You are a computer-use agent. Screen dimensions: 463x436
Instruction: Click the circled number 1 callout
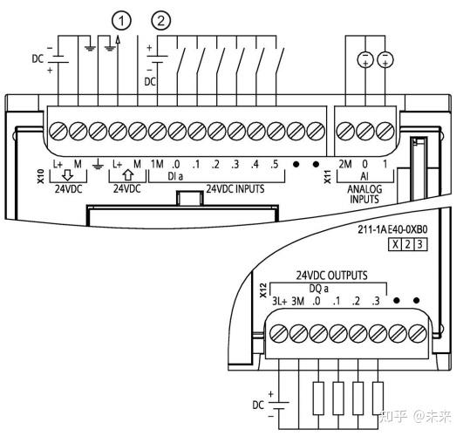click(121, 21)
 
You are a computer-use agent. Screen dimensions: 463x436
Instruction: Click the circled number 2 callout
click(161, 21)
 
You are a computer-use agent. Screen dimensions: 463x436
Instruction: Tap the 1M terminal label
click(157, 164)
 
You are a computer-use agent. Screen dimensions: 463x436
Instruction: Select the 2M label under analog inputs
click(345, 164)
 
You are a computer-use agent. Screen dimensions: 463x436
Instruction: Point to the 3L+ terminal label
click(279, 301)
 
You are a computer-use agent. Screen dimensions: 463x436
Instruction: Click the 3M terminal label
click(298, 301)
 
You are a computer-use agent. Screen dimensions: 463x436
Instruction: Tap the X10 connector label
click(41, 176)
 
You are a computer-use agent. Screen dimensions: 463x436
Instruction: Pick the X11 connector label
click(328, 176)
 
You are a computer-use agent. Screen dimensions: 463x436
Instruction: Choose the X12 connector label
click(262, 290)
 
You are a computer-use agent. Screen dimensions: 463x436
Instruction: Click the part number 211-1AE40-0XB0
click(392, 229)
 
